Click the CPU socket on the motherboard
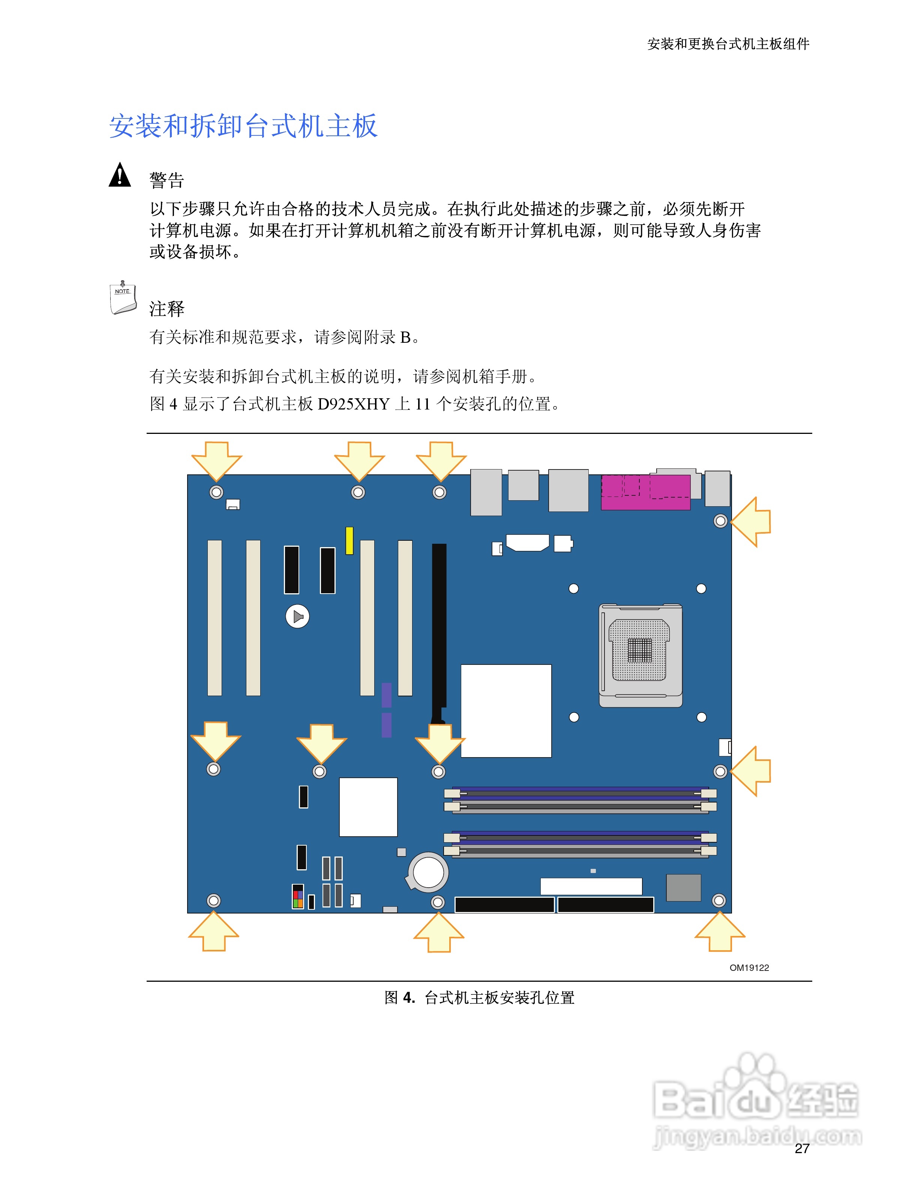pos(640,655)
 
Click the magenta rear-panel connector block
pos(645,492)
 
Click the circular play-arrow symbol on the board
pos(297,616)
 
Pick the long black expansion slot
pos(439,631)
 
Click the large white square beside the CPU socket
pos(506,710)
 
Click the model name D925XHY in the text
pos(354,404)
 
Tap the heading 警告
pos(167,180)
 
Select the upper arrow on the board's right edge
pos(751,521)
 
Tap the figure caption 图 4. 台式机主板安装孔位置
pos(479,997)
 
